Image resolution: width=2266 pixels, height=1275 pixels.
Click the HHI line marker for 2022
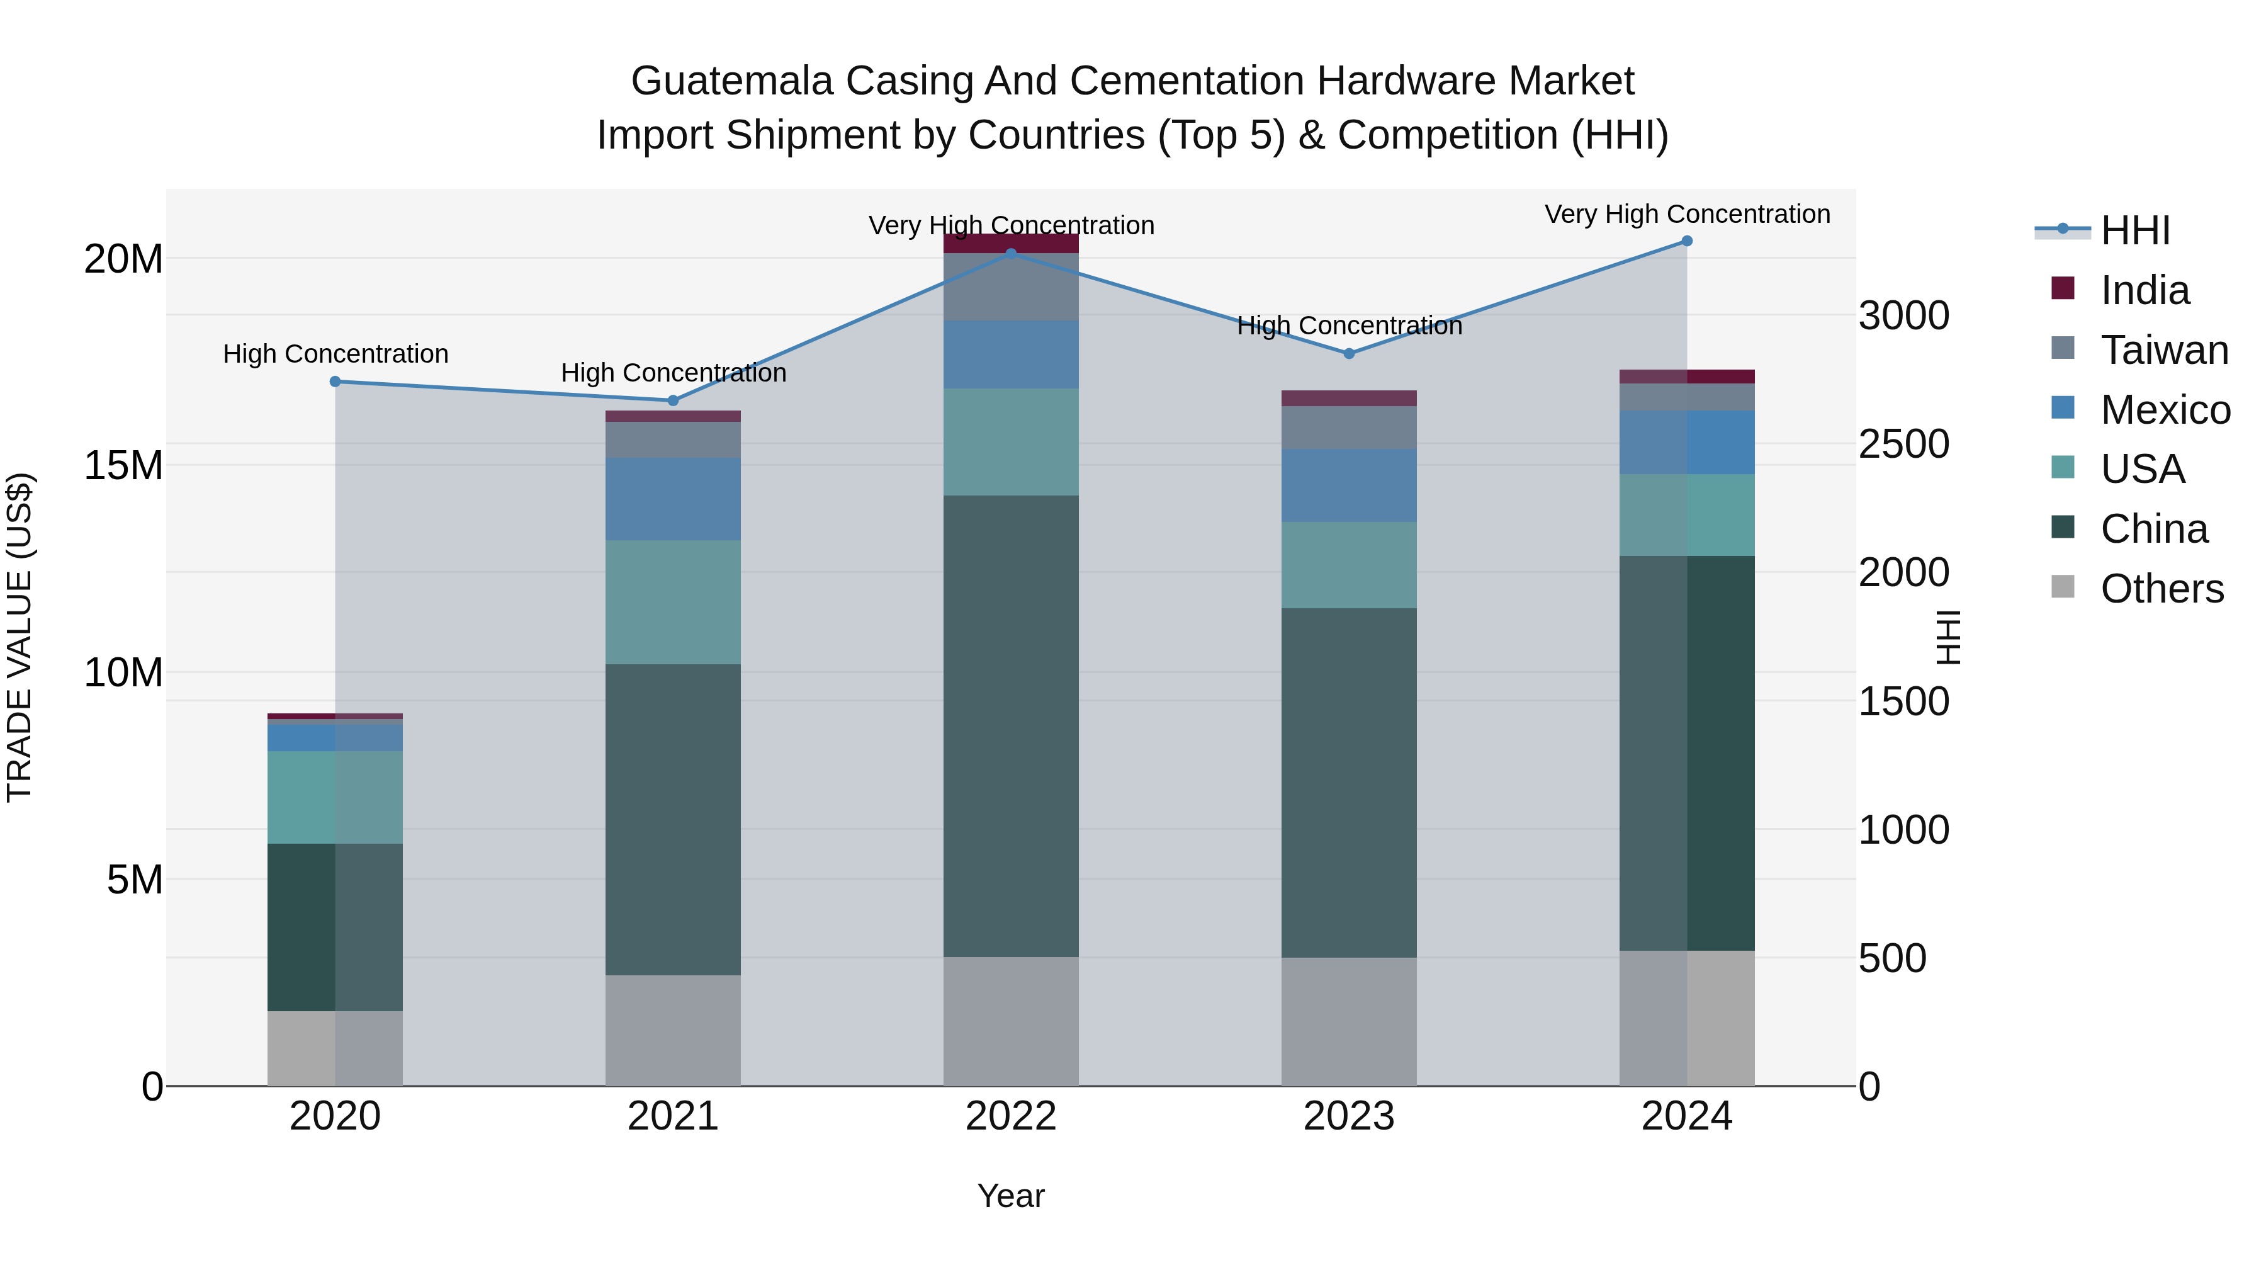tap(1011, 253)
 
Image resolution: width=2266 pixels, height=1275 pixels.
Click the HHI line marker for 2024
tap(1686, 241)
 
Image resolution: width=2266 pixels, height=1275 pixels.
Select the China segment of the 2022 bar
tap(1011, 726)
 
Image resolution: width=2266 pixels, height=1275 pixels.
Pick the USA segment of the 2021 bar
tap(673, 602)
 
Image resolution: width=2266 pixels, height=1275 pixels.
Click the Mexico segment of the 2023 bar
tap(1348, 485)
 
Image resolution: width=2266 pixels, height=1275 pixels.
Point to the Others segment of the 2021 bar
tap(673, 1029)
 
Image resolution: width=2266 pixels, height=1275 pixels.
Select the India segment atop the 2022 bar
tap(1011, 244)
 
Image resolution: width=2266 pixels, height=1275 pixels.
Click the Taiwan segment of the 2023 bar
tap(1348, 428)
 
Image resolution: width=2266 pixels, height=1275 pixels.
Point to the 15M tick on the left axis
tap(123, 465)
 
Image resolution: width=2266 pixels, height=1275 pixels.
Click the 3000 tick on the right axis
tap(1903, 316)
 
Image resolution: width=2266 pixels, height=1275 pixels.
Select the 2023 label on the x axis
tap(1348, 1116)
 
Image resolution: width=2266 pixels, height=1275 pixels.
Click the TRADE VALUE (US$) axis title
tap(20, 637)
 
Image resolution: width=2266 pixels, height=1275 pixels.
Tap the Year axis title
tap(1011, 1196)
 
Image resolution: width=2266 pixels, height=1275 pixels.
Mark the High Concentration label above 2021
tap(673, 373)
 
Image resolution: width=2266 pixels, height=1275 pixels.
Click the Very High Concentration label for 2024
tap(1686, 214)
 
